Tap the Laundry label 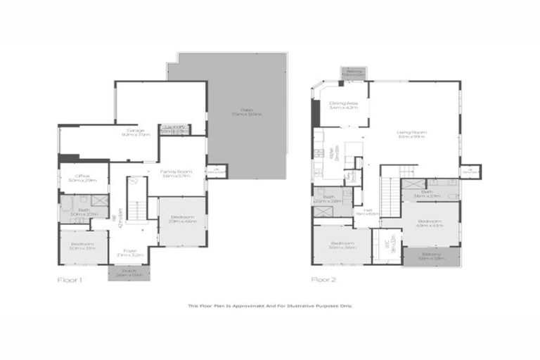[x=174, y=129]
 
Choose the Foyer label [x=129, y=252]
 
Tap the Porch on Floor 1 [x=129, y=273]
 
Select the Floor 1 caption [x=70, y=280]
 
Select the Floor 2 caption [x=324, y=280]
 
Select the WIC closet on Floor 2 [x=385, y=246]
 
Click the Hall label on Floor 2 [x=366, y=211]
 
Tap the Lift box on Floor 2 [x=470, y=171]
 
